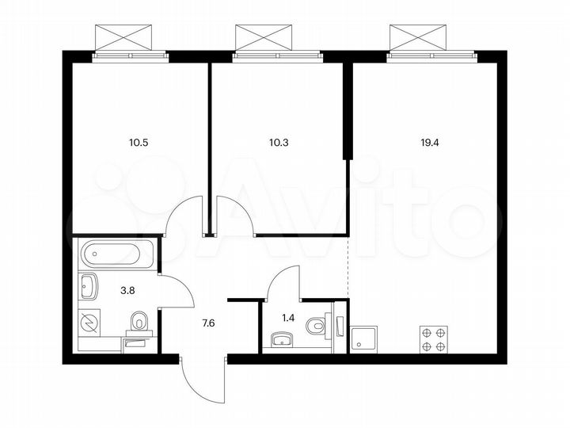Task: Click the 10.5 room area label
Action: click(x=138, y=143)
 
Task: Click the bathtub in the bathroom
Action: click(x=117, y=254)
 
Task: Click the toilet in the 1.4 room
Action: click(x=317, y=325)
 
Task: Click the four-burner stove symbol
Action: click(x=432, y=339)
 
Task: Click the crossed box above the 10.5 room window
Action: click(x=123, y=37)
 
